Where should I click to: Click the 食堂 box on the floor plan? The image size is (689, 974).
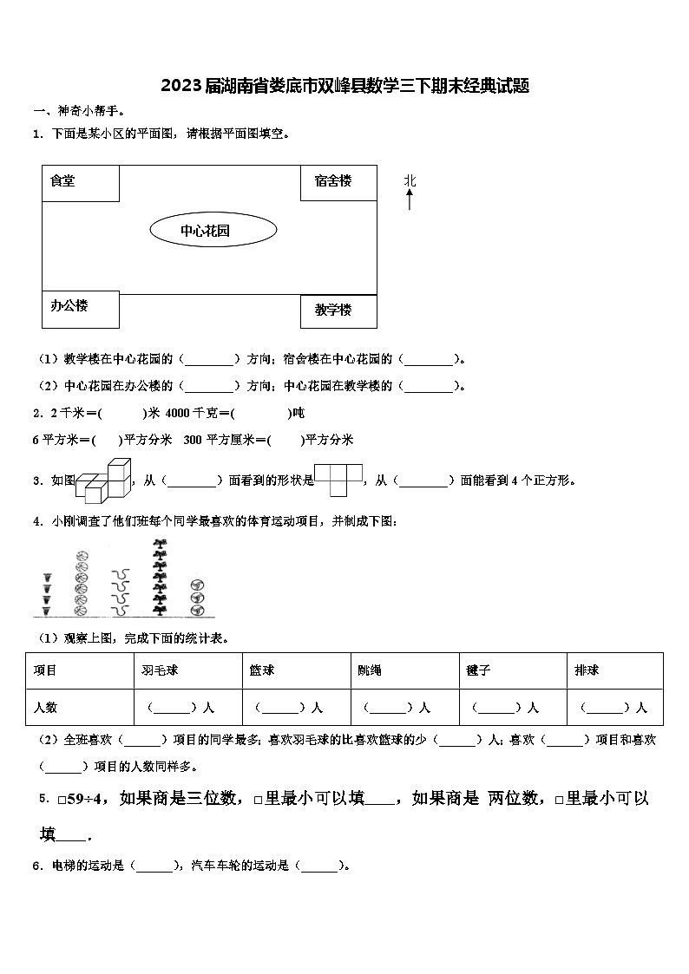click(80, 183)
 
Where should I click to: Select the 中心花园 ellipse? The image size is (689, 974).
click(213, 231)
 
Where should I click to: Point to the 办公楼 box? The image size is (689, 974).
click(80, 310)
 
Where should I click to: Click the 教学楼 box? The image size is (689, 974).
click(338, 311)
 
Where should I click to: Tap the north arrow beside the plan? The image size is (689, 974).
click(410, 200)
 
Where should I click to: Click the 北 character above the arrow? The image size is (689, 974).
click(410, 180)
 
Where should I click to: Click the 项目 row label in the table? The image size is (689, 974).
click(45, 670)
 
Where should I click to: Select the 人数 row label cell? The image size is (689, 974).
click(45, 707)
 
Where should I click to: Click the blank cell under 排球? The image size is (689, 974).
click(614, 707)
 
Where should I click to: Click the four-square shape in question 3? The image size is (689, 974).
click(337, 479)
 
